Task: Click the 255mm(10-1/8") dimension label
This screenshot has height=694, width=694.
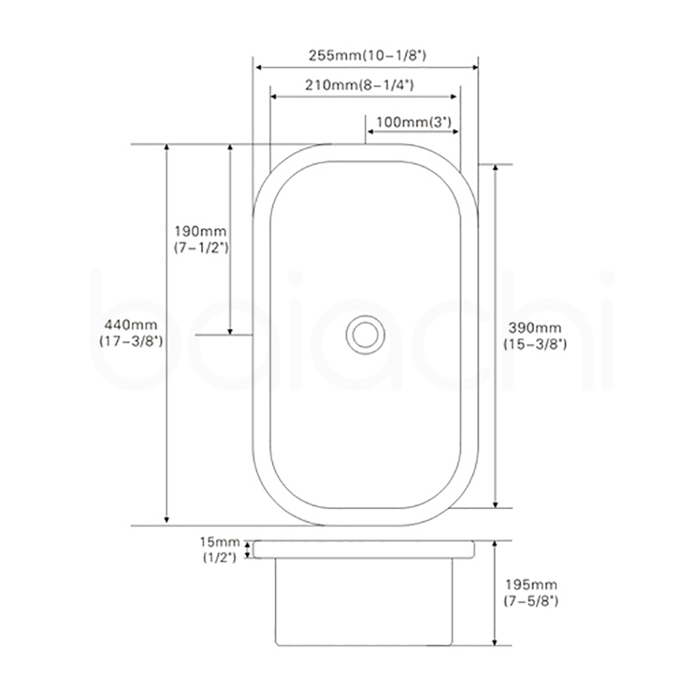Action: [367, 56]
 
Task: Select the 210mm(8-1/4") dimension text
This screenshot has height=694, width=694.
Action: [360, 85]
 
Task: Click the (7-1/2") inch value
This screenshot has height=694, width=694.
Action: [201, 248]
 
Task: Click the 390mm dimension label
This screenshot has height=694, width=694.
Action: [534, 327]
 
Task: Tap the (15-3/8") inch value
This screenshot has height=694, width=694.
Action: [534, 344]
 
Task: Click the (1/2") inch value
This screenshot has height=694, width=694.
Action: [219, 557]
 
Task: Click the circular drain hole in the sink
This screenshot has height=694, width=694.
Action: [365, 334]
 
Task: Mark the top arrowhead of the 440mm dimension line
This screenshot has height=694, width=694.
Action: [167, 148]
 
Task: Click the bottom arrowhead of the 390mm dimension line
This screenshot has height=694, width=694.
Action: [495, 503]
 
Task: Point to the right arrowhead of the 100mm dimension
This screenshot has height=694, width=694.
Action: [454, 132]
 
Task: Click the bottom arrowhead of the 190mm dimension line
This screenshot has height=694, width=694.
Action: [230, 331]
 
